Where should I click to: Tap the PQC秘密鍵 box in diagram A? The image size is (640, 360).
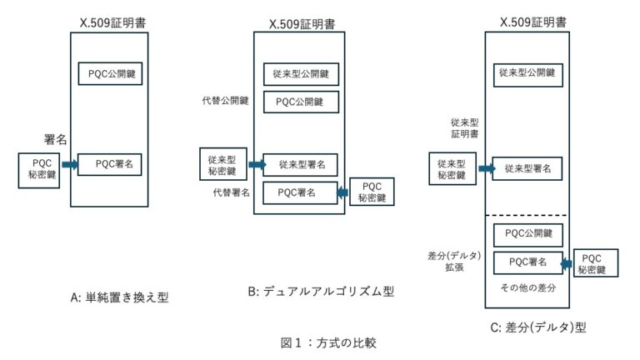tap(39, 170)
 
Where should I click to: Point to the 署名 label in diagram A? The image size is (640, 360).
tap(55, 137)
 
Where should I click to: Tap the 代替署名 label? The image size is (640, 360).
tap(232, 192)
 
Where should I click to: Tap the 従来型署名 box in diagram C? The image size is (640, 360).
tap(527, 168)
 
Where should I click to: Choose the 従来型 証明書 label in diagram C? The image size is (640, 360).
tap(461, 127)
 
